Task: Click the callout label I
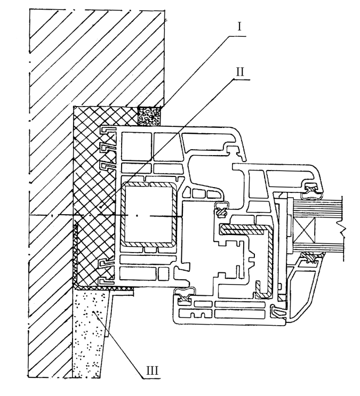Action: (239, 26)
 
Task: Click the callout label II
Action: (240, 71)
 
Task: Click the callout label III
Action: (153, 371)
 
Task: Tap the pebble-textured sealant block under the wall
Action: (149, 116)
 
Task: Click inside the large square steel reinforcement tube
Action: (149, 215)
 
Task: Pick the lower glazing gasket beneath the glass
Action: (311, 258)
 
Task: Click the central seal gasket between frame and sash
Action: (222, 209)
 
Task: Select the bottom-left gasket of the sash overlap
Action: (185, 295)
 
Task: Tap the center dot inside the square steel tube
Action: (137, 215)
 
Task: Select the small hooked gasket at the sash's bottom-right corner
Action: (277, 312)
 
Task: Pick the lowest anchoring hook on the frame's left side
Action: (106, 281)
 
